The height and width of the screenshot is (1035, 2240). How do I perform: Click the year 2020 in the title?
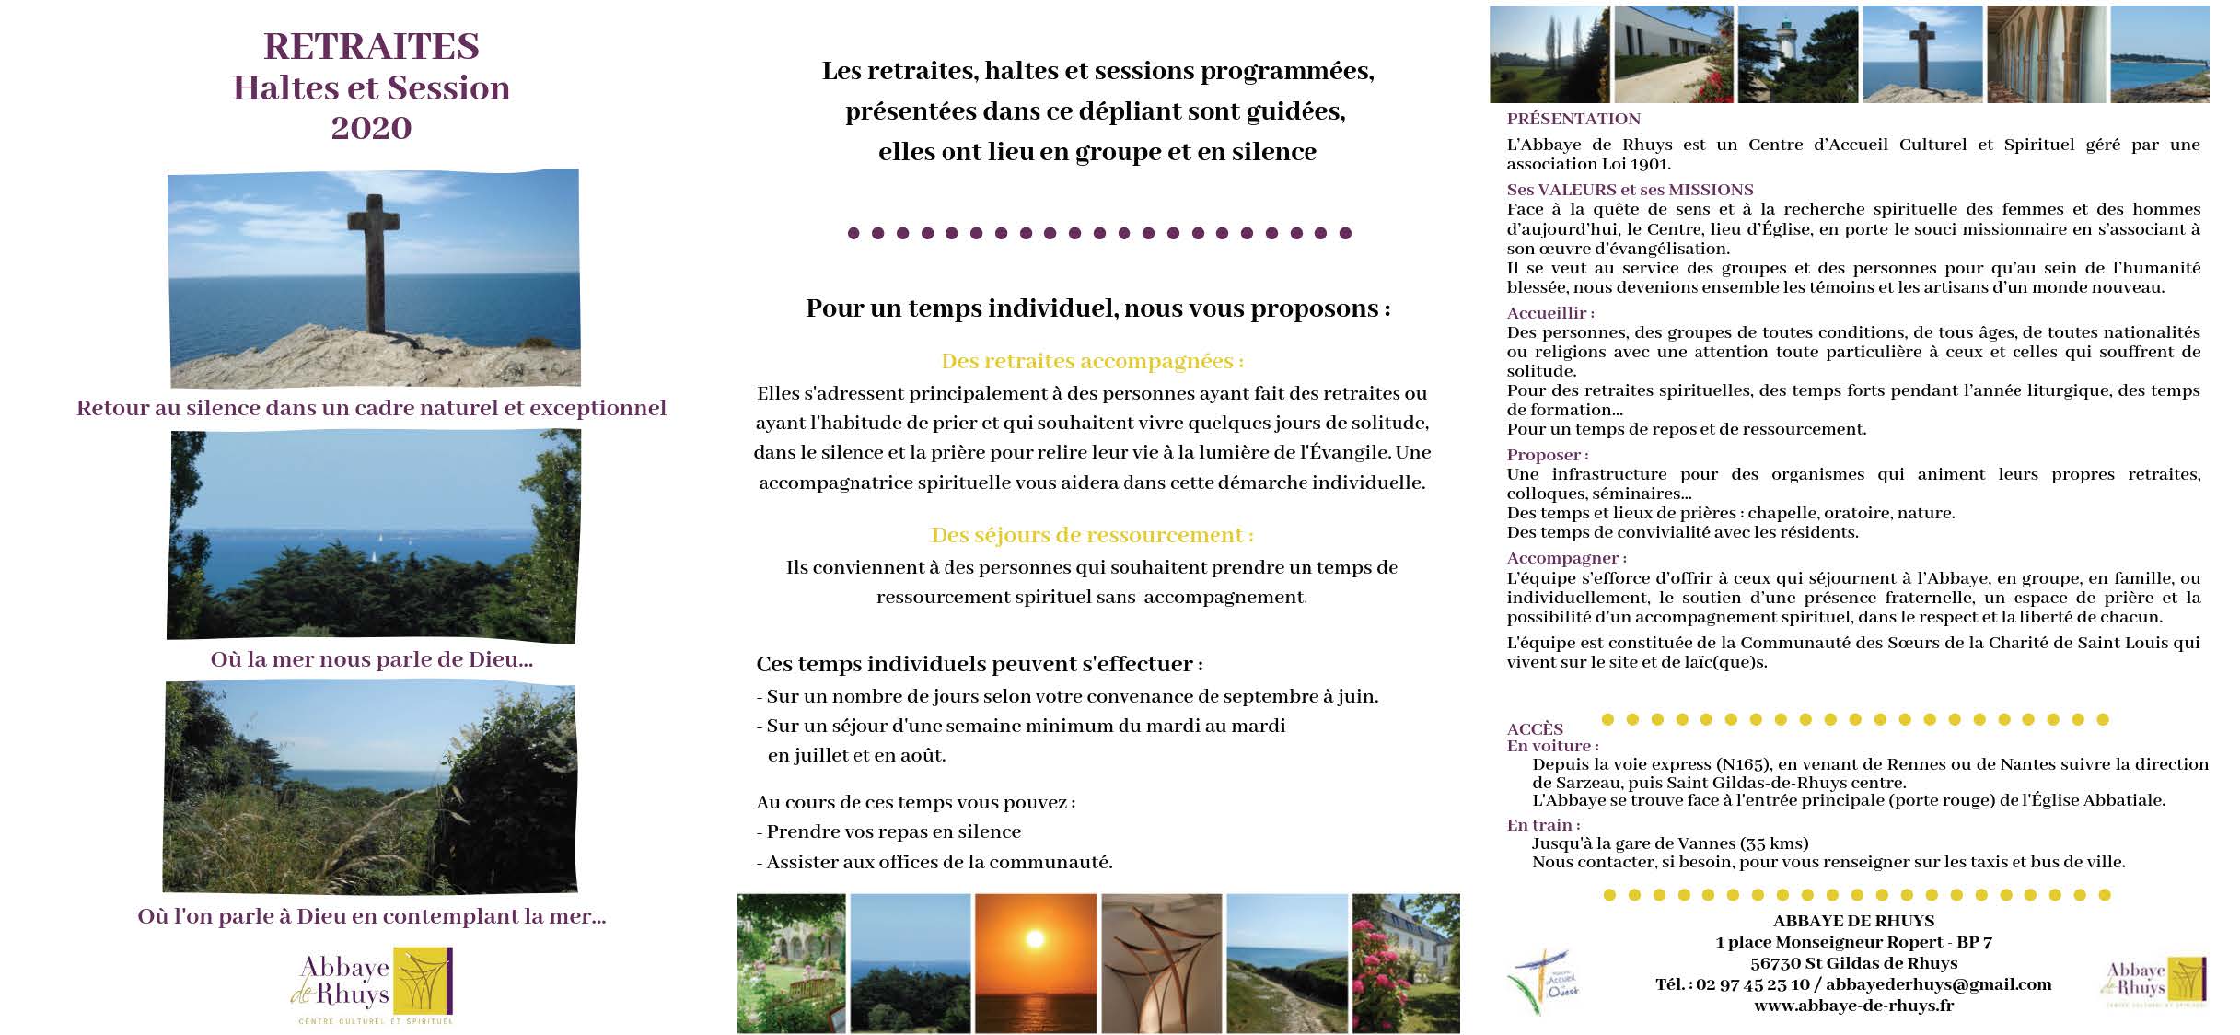[371, 128]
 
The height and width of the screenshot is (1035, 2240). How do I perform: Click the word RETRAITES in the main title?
[371, 46]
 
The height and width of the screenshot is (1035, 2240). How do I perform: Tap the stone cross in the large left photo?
[373, 262]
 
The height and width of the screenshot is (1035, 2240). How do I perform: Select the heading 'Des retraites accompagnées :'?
[1092, 361]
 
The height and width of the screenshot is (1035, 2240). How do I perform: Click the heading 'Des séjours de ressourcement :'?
[1092, 535]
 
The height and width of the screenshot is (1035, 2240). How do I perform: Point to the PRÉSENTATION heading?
[1573, 119]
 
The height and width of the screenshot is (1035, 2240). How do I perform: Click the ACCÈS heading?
[1535, 729]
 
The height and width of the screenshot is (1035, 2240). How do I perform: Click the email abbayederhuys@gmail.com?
[1938, 984]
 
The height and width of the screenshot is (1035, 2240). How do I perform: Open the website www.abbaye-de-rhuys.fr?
[1853, 1006]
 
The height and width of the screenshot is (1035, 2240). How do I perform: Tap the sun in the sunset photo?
[1035, 940]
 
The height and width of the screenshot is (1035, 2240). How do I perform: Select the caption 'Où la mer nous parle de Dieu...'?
[372, 660]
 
